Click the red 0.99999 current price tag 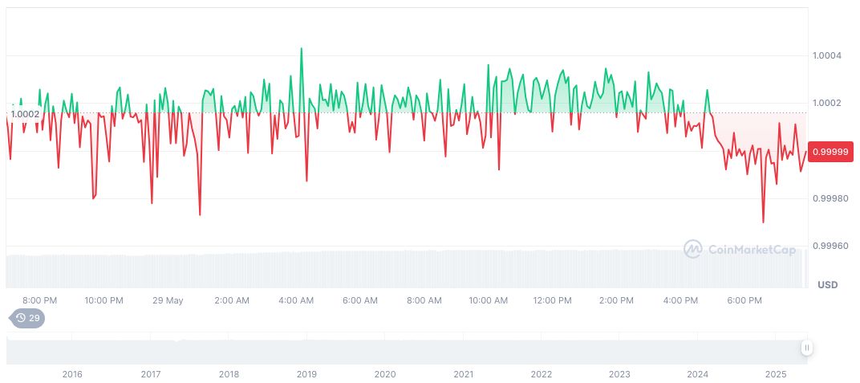(830, 152)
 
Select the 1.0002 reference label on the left (25, 114)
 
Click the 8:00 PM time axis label (39, 300)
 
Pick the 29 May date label (168, 300)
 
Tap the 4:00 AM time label (296, 300)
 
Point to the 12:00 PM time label (552, 300)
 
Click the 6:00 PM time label (744, 300)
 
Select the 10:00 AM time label (488, 300)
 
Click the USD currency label (827, 285)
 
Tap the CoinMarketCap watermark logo (740, 250)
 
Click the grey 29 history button (27, 318)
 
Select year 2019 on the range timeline (306, 374)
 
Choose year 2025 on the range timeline (776, 374)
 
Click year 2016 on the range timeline (72, 374)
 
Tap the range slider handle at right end (806, 348)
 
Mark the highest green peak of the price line (301, 48)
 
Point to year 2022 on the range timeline (542, 374)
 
